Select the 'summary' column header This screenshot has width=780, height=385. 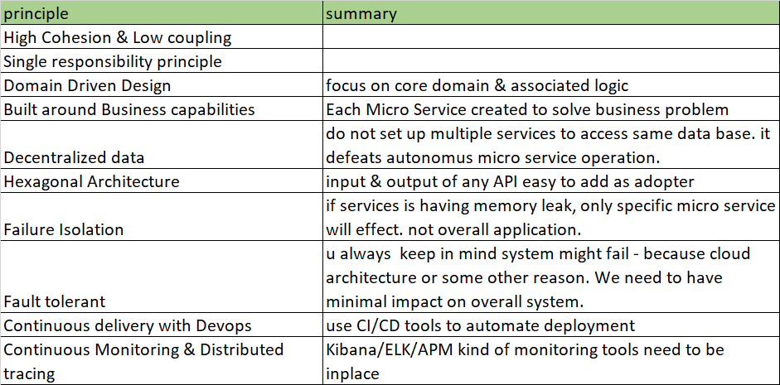click(x=361, y=13)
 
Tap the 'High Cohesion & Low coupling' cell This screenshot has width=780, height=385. click(x=118, y=37)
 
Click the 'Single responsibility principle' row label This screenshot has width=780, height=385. click(x=113, y=61)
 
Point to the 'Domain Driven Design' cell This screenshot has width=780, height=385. click(x=88, y=85)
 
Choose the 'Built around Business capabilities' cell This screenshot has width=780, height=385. click(x=129, y=109)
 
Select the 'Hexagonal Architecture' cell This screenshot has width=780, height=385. click(x=92, y=181)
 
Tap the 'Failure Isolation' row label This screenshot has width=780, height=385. click(x=64, y=229)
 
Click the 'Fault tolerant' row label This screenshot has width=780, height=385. click(x=55, y=301)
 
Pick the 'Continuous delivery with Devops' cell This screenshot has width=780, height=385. click(x=127, y=325)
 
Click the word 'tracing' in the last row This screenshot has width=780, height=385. click(x=29, y=373)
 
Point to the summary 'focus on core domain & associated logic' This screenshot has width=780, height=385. click(x=477, y=85)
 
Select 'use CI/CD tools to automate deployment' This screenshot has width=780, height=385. click(x=480, y=325)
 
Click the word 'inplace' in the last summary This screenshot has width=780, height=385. click(x=352, y=373)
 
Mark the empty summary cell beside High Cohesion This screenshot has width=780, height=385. click(x=550, y=37)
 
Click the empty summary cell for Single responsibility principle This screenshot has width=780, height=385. click(x=550, y=61)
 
